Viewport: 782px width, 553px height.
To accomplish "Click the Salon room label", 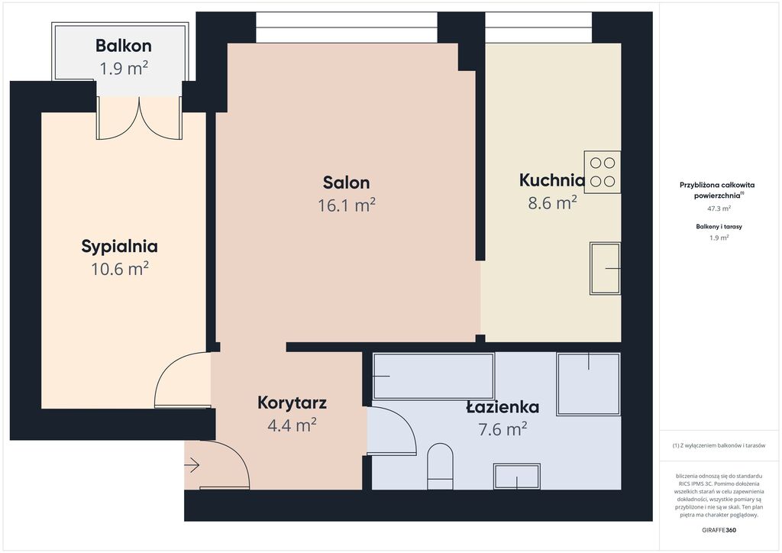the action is (346, 183).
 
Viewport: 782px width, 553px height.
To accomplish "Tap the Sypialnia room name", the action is (120, 247).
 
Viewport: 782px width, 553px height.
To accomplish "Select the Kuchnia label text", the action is (551, 180).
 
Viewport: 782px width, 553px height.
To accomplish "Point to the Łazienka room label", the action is (502, 407).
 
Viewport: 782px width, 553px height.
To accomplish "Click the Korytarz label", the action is (292, 403).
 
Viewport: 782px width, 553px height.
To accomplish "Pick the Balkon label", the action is (124, 46).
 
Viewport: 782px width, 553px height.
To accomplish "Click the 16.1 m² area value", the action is (347, 205).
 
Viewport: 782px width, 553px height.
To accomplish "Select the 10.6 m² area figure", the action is (120, 269).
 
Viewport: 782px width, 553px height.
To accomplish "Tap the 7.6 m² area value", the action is (502, 428).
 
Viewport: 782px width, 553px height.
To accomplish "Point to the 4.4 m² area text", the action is (292, 425).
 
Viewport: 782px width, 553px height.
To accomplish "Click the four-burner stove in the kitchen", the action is (603, 172).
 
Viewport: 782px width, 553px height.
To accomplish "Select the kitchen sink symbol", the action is (606, 268).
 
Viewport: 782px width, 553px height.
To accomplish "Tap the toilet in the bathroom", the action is (441, 466).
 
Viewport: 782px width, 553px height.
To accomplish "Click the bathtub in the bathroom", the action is (434, 376).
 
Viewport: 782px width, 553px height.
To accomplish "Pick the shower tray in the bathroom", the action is (589, 384).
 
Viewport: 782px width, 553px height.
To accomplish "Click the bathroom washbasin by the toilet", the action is (517, 476).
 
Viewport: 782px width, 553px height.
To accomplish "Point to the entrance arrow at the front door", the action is (192, 466).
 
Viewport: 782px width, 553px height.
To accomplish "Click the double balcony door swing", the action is (139, 118).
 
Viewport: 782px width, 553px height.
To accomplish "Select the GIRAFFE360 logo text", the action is (719, 530).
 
